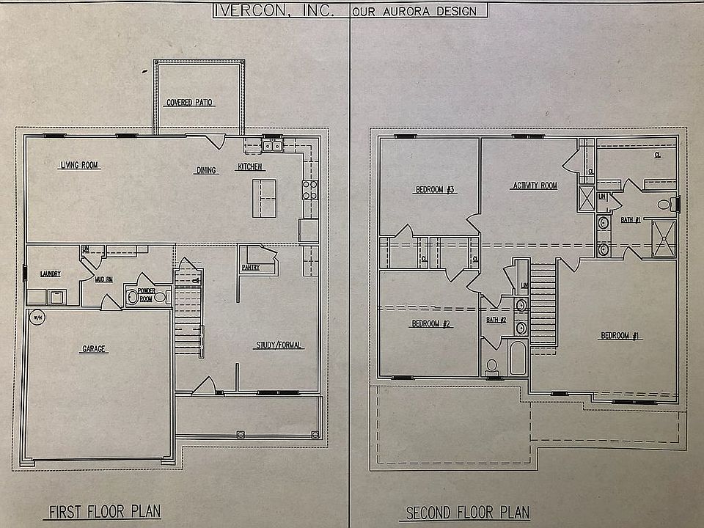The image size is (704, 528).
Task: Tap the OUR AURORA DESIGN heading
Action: point(418,11)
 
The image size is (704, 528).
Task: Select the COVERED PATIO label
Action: point(191,103)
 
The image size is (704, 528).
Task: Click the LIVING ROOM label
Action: point(79,166)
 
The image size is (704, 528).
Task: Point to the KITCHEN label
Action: point(250,167)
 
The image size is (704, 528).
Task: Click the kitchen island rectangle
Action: point(264,198)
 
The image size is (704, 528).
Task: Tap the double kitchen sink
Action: point(272,147)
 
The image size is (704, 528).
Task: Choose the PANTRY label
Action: point(251,268)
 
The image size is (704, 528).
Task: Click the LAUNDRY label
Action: point(50,274)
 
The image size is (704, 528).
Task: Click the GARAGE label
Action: point(94,350)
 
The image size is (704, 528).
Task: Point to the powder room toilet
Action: point(133,297)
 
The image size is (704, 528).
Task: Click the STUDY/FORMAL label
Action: point(279,345)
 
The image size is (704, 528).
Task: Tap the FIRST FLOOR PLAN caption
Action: point(105,510)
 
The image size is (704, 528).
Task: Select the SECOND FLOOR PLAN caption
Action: point(468,512)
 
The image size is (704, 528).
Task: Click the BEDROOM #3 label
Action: point(436,190)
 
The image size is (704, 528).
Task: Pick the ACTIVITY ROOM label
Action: point(535,186)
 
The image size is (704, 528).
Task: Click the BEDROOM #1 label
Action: point(620,336)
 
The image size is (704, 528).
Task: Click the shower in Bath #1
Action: point(664,237)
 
